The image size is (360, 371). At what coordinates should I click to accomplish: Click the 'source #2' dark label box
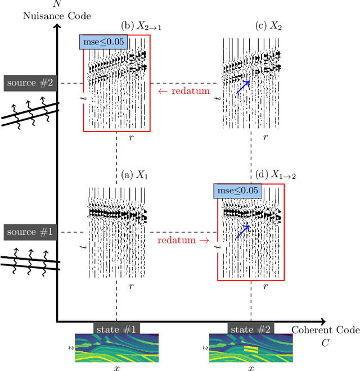[x=29, y=83]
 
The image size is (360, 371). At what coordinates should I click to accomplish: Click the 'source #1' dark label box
[x=29, y=232]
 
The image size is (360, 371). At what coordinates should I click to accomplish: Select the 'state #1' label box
[x=116, y=328]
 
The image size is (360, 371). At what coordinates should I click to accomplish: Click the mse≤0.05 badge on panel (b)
[x=104, y=41]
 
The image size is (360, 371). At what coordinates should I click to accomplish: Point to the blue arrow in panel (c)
[x=242, y=87]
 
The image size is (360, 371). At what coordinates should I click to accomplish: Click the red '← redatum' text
[x=183, y=91]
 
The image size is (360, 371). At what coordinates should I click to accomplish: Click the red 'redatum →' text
[x=183, y=240]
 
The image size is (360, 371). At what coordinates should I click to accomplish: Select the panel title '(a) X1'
[x=135, y=175]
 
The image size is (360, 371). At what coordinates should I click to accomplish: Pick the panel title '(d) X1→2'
[x=276, y=175]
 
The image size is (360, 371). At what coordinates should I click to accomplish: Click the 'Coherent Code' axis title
[x=325, y=329]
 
